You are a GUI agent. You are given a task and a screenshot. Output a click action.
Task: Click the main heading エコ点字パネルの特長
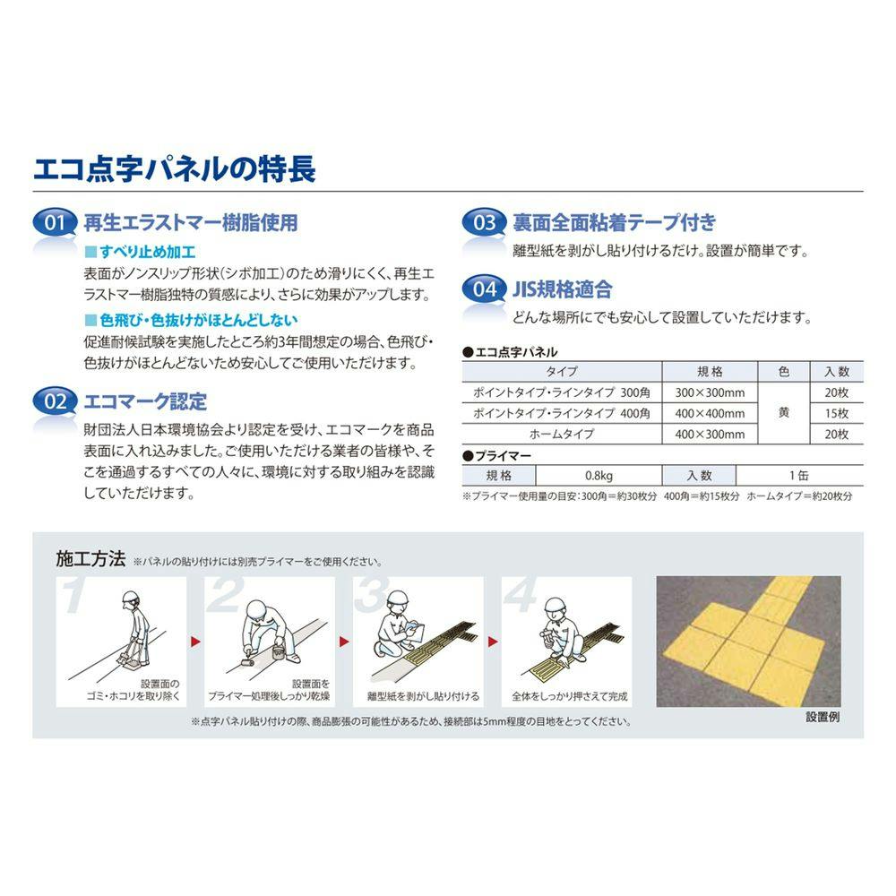coord(175,169)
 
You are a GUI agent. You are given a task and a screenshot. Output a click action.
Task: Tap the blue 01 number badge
coord(55,222)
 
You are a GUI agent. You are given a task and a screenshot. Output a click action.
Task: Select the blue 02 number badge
coord(55,401)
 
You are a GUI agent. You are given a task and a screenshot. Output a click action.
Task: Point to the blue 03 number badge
coord(484,221)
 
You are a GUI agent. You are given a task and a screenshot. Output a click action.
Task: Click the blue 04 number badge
coord(484,289)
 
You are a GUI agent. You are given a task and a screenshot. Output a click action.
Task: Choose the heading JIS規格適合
coord(562,289)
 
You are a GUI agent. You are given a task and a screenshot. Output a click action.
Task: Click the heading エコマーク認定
coord(145,401)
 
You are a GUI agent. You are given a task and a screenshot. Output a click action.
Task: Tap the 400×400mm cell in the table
coord(710,413)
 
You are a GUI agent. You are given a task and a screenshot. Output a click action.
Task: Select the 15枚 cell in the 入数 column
coord(837,413)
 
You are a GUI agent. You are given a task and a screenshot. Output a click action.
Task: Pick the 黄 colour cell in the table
coord(784,412)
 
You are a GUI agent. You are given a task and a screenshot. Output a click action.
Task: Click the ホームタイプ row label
coord(562,435)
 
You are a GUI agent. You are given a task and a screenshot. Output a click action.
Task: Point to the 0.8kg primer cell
coord(599,476)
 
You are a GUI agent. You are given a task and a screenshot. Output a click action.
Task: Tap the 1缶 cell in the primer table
coord(799,476)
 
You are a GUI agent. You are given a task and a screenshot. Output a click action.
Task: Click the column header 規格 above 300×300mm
coord(710,372)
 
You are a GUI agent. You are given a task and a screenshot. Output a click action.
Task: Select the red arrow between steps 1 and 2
coord(195,642)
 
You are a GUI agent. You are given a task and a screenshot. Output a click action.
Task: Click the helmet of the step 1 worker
coord(131,599)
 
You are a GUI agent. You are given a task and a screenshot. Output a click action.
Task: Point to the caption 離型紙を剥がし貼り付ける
coord(424,696)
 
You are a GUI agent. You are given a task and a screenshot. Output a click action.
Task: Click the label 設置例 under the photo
coord(823,717)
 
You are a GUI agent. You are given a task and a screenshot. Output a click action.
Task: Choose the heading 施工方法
coord(90,558)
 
